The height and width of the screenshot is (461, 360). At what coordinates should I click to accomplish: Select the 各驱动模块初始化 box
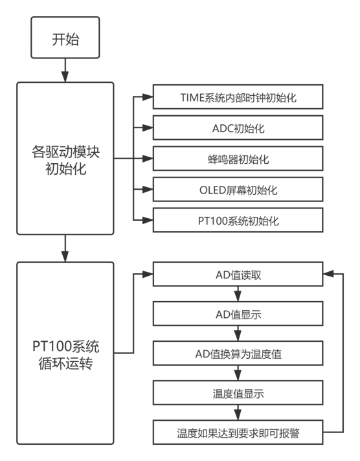(x=65, y=157)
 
